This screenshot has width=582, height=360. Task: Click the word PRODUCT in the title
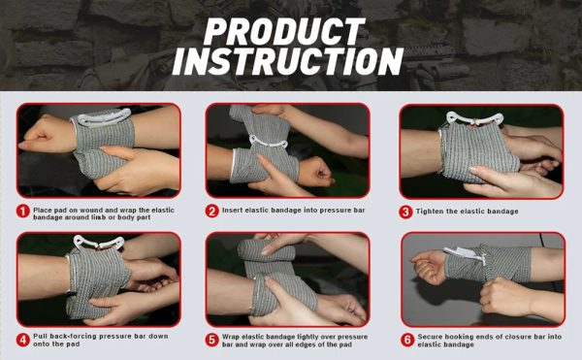click(x=284, y=31)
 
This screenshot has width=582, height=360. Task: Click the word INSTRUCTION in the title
click(x=288, y=61)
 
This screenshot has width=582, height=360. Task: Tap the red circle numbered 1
click(x=23, y=212)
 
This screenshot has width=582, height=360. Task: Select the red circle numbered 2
click(x=211, y=212)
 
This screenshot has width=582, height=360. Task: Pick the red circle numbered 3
click(x=405, y=212)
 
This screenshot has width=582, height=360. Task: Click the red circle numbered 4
click(x=23, y=340)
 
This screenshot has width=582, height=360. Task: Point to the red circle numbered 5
click(x=211, y=340)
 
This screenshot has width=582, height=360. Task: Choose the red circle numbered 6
click(x=407, y=340)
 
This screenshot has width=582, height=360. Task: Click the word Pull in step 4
click(x=40, y=337)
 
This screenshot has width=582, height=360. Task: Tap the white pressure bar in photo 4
click(x=98, y=243)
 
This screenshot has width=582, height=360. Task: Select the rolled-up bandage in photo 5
click(x=266, y=250)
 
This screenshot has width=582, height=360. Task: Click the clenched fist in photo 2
click(x=314, y=172)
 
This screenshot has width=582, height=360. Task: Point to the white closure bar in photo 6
click(x=465, y=254)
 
